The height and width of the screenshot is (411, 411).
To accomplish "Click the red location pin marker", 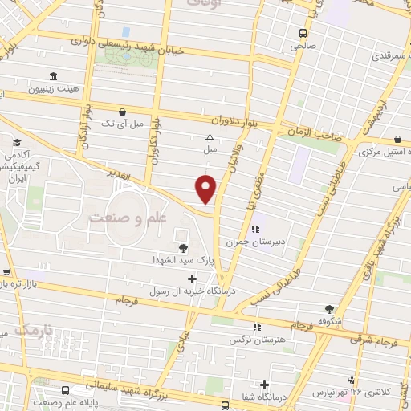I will coord(206,189).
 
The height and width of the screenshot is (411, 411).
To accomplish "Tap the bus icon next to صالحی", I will coord(303,34).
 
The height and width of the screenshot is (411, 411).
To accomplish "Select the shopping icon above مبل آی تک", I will coord(121,112).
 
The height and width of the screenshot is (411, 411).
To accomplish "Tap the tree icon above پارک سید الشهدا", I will coord(183,247).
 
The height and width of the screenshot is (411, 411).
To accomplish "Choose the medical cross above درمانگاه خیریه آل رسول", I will coord(191,279).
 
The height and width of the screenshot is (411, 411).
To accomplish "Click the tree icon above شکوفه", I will coord(329,308).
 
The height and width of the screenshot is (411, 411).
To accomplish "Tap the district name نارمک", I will coord(32,330).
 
